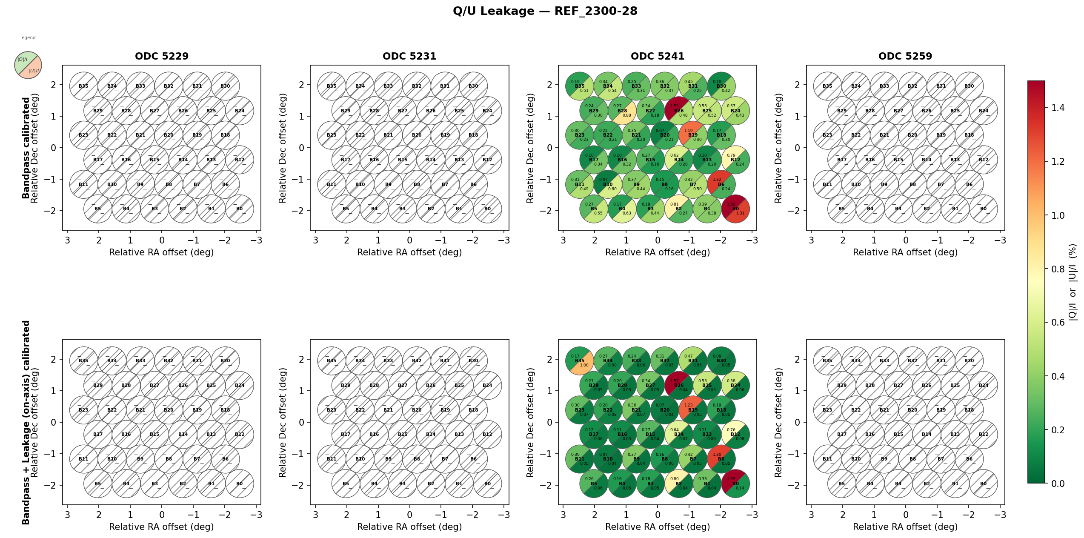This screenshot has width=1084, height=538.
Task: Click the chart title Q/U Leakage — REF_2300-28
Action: pos(545,11)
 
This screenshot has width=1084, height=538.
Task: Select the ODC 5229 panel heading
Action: pos(162,56)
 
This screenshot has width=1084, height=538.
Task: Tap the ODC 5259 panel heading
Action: pos(905,56)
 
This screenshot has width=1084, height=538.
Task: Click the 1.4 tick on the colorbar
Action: pos(1058,108)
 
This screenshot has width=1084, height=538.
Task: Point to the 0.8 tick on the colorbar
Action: pos(1058,269)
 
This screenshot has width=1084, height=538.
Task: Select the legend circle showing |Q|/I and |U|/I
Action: pos(28,65)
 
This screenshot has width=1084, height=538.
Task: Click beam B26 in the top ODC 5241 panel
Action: pos(679,111)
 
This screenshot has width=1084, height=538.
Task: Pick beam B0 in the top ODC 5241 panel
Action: pos(735,209)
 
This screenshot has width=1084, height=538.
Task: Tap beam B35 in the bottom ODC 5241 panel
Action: pos(580,361)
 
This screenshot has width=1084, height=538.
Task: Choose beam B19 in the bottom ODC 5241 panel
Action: pos(693,410)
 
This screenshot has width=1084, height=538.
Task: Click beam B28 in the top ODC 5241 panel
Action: pos(622,111)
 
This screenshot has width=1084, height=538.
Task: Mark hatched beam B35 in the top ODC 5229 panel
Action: pos(84,86)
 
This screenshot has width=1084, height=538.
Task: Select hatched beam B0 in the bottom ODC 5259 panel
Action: pos(983,484)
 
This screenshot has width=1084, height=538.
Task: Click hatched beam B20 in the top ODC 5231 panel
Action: pos(417,135)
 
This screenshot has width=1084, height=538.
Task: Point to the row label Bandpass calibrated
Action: pos(26,148)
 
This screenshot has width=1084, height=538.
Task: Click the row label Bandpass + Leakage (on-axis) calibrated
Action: pos(26,422)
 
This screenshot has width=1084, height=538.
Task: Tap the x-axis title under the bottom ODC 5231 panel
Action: pos(409,527)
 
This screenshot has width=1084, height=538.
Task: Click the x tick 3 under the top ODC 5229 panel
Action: pos(67,240)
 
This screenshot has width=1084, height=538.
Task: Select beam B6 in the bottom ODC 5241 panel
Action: pos(721,459)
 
